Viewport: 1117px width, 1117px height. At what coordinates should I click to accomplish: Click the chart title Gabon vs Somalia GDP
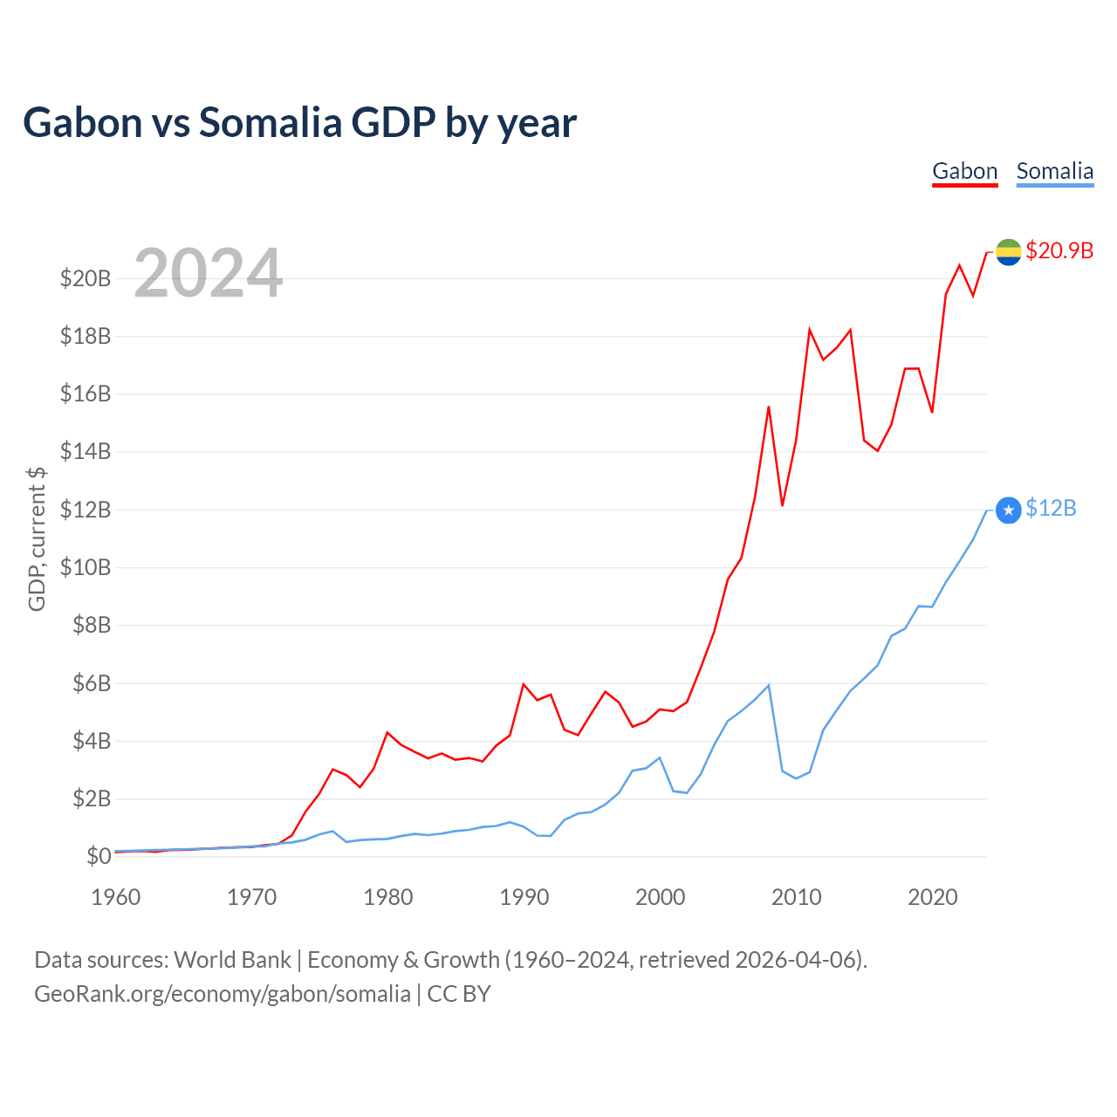(299, 122)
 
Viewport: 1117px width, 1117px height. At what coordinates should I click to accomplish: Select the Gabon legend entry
(964, 171)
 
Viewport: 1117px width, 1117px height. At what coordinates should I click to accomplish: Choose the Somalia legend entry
(1054, 171)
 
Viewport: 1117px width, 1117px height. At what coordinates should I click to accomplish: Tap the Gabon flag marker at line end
(1008, 252)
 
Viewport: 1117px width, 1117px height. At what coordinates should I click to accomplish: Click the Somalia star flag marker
(1008, 511)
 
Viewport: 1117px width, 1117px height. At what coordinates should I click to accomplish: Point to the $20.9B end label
(1059, 250)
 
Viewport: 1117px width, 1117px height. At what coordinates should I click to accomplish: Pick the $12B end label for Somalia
(1051, 508)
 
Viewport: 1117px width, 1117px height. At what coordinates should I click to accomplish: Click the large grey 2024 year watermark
(208, 273)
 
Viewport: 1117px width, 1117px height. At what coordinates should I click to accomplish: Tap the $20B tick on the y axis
(86, 278)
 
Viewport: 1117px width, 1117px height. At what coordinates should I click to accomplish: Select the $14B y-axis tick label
(86, 451)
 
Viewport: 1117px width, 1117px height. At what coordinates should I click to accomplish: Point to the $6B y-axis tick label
(91, 683)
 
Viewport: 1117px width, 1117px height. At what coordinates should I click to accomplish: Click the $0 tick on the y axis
(99, 856)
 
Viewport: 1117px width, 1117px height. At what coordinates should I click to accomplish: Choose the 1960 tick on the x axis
(116, 897)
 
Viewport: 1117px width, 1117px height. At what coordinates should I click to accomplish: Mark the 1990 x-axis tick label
(524, 897)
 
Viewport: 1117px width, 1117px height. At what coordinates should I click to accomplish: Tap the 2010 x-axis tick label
(796, 897)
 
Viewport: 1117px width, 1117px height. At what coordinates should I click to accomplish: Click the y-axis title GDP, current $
(37, 538)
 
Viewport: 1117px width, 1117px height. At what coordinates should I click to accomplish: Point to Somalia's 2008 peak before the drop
(768, 685)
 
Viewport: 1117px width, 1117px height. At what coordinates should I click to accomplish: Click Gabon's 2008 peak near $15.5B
(769, 407)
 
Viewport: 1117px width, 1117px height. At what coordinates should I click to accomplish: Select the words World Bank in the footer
(232, 960)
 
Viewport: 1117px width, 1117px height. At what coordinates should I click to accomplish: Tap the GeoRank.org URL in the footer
(222, 994)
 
